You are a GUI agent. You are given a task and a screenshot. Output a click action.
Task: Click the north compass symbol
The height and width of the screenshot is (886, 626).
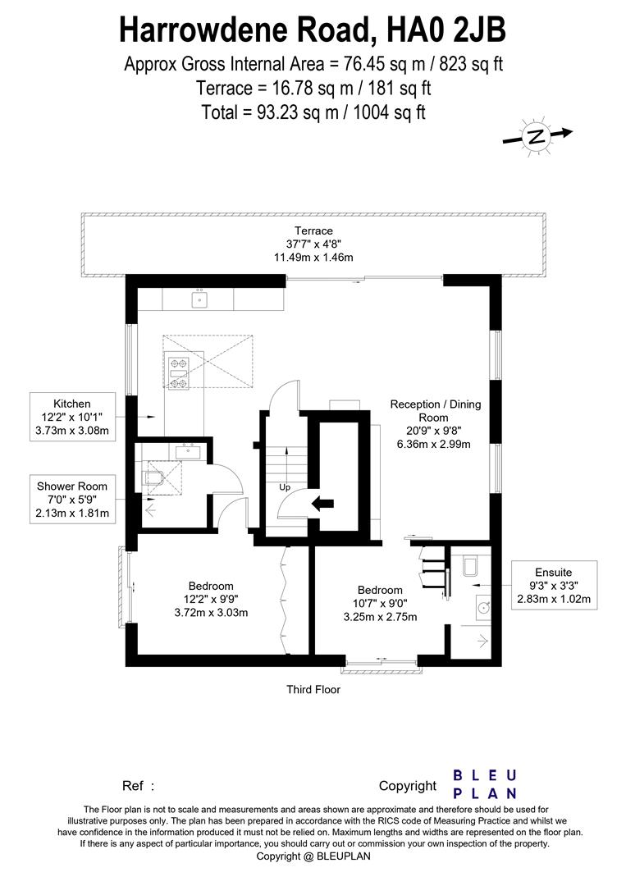(x=537, y=137)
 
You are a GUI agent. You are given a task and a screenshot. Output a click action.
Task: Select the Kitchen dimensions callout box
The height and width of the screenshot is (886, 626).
(x=72, y=418)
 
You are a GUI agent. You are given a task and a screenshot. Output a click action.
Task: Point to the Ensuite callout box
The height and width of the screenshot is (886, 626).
(x=553, y=586)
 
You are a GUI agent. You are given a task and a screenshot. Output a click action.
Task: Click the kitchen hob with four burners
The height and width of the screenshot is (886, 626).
(x=178, y=372)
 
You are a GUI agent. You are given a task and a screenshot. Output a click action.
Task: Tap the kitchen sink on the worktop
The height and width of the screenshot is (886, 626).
(x=199, y=300)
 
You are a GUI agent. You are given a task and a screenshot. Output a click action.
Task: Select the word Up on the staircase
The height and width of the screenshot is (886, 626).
(x=285, y=487)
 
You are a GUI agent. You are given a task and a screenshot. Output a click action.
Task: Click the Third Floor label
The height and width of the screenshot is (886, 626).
(x=313, y=689)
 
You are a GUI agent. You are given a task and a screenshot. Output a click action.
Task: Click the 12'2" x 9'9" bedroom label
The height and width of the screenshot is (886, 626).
(x=211, y=599)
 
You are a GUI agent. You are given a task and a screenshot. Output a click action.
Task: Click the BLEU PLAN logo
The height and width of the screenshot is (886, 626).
(x=485, y=784)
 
